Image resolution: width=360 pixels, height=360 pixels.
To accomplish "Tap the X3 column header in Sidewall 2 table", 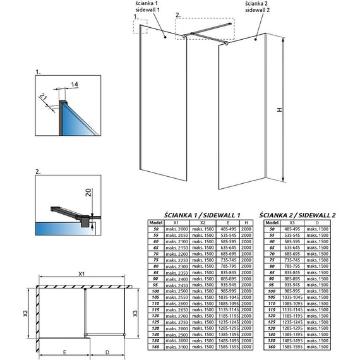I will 291,222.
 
